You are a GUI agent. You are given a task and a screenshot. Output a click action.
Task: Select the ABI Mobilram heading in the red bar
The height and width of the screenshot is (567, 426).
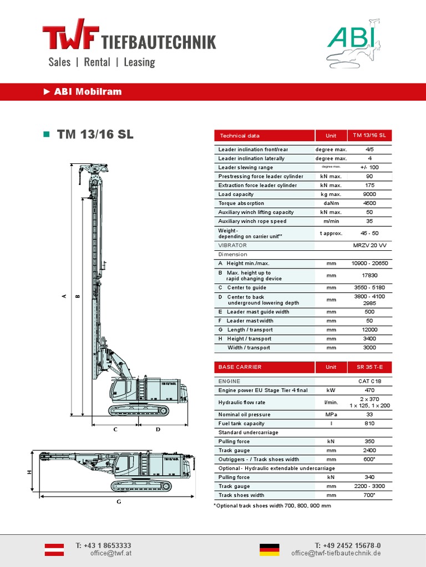pos(87,92)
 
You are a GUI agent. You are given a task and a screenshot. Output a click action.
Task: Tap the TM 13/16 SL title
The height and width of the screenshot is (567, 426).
pos(95,135)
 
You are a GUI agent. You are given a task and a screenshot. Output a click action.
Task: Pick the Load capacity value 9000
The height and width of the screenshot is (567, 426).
pos(369,194)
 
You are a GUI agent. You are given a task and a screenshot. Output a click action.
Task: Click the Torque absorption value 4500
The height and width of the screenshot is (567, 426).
pos(369,203)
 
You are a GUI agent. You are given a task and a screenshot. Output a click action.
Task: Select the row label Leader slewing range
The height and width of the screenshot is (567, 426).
pos(245,167)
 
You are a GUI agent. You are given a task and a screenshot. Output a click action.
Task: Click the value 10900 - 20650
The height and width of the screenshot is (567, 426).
pos(369,264)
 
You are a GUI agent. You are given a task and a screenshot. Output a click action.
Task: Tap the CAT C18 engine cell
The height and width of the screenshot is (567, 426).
pos(369,382)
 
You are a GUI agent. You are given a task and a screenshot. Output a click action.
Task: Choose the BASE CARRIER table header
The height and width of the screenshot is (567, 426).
pos(240,367)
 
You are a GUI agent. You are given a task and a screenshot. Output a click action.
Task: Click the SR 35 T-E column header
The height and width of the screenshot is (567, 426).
pos(369,367)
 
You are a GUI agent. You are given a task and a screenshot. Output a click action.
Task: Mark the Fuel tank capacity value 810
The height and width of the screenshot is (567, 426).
pos(369,424)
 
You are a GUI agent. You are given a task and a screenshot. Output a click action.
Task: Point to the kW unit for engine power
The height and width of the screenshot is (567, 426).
pos(331,390)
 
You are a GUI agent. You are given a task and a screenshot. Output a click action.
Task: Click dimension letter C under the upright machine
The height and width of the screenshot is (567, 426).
pos(115,429)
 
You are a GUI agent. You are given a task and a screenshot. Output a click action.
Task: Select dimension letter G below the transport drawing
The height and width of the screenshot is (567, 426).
pos(118,502)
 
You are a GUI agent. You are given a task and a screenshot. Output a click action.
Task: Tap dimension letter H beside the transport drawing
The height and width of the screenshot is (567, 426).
pos(29,472)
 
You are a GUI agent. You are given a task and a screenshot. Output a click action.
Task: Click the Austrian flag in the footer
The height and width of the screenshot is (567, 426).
pos(54,549)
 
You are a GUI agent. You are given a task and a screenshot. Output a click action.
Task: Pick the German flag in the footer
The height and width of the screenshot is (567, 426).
pos(270,549)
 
